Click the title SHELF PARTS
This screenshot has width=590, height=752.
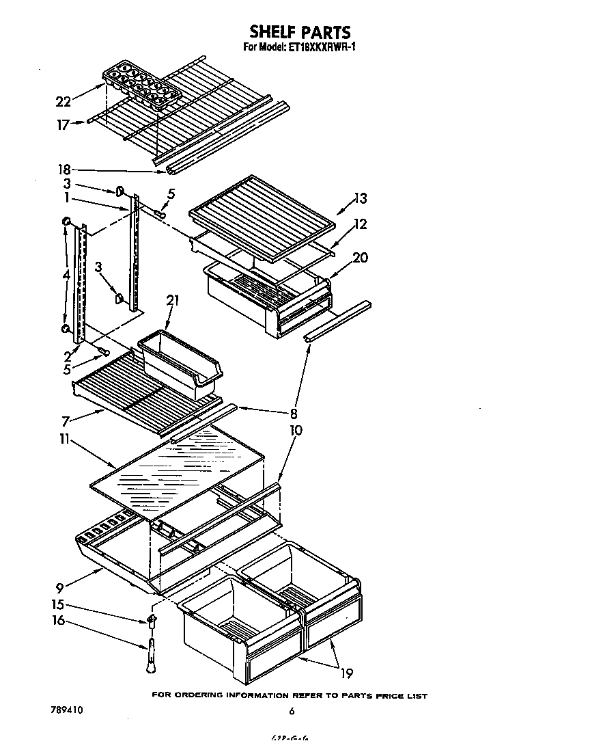point(300,31)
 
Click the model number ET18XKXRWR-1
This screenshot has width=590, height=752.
point(319,47)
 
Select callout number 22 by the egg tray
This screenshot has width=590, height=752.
point(63,102)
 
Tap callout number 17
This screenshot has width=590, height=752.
point(63,125)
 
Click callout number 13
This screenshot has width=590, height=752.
point(360,199)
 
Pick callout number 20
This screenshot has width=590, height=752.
point(360,257)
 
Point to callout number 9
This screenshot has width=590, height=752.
point(60,586)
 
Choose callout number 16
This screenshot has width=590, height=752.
point(59,621)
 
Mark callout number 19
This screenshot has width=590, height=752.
point(346,673)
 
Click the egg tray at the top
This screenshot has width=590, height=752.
point(137,88)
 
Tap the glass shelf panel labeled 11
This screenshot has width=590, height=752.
point(178,472)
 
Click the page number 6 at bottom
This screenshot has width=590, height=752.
point(292,712)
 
